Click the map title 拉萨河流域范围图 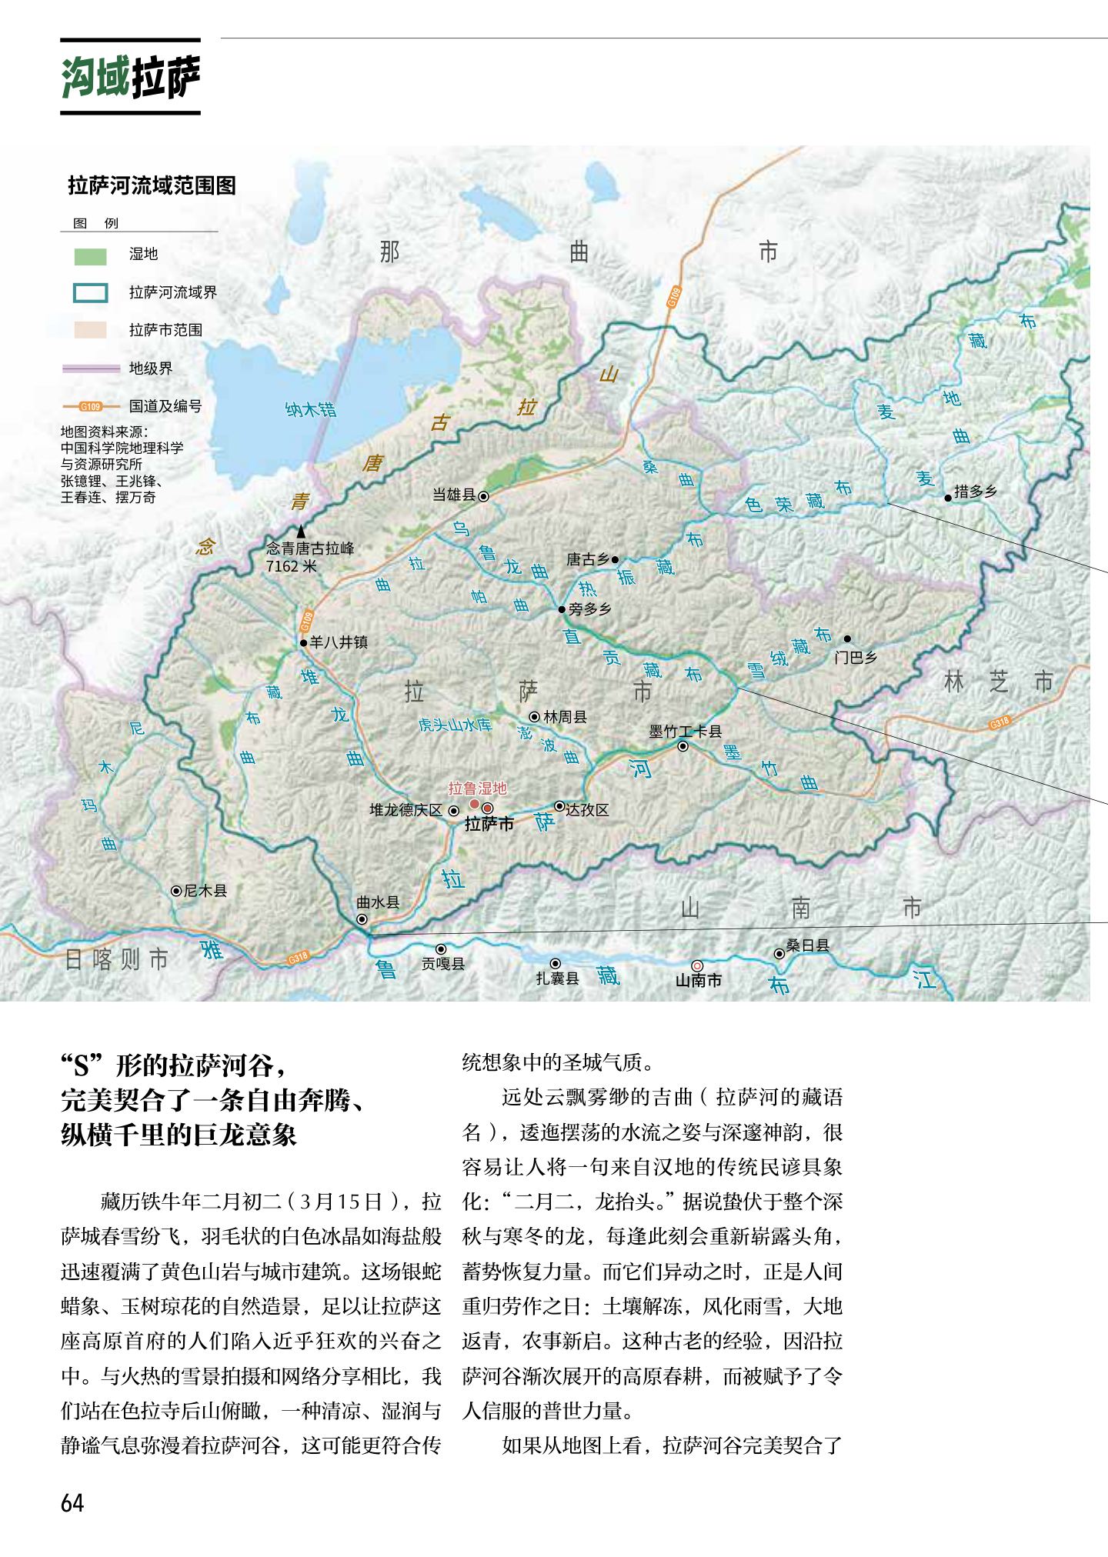click(x=152, y=185)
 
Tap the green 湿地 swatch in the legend click(x=90, y=255)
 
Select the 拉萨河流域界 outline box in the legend click(x=90, y=293)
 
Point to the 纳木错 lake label click(x=311, y=409)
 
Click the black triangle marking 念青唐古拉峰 click(x=301, y=532)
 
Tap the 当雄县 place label click(x=454, y=495)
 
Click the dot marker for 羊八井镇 click(x=304, y=642)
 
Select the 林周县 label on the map click(x=565, y=717)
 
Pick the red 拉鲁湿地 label click(x=478, y=789)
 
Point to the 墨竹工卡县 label click(x=685, y=732)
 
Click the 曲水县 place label click(x=379, y=902)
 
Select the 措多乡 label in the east click(x=975, y=492)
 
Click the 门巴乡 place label click(x=856, y=658)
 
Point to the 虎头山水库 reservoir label click(x=455, y=725)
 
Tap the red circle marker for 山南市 click(x=697, y=965)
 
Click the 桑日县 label click(x=807, y=945)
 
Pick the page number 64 click(x=72, y=1503)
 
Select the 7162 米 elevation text click(x=291, y=566)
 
